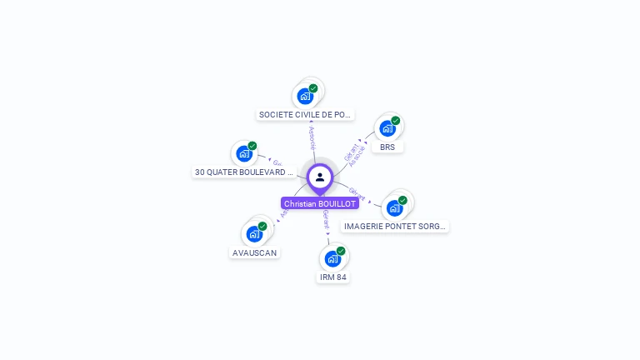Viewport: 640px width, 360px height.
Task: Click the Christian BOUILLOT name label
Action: click(320, 203)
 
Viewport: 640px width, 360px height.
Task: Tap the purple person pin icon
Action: click(320, 177)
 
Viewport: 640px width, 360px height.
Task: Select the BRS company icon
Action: click(387, 128)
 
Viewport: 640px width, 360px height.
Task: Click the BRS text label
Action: click(387, 147)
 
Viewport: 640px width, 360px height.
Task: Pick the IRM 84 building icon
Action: click(332, 258)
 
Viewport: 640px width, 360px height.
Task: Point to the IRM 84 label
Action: click(332, 277)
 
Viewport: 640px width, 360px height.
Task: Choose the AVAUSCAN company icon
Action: click(254, 234)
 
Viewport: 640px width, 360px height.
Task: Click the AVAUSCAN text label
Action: click(255, 252)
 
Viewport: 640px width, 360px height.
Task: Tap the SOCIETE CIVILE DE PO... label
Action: click(306, 114)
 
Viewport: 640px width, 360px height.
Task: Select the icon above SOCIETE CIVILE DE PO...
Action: click(305, 96)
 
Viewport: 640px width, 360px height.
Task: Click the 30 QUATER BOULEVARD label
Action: click(244, 172)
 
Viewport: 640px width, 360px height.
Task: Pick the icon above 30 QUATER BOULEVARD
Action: click(244, 153)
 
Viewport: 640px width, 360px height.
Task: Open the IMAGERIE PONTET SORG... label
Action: click(395, 226)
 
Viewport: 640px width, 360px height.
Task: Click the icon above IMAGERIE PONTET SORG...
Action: click(394, 207)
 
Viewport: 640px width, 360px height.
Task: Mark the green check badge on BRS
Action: click(396, 120)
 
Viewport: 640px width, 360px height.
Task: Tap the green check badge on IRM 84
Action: click(341, 250)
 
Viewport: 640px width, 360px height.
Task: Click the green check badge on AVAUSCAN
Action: click(262, 226)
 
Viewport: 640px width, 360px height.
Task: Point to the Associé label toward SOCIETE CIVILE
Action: click(312, 137)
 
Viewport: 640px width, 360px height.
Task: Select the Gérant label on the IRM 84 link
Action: click(326, 220)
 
